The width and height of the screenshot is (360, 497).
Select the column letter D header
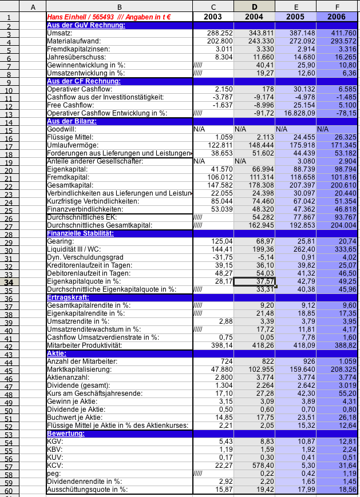point(254,7)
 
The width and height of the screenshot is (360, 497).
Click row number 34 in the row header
point(9,282)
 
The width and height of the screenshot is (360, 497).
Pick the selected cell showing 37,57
point(255,282)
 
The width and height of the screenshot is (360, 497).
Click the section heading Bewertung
point(65,434)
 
